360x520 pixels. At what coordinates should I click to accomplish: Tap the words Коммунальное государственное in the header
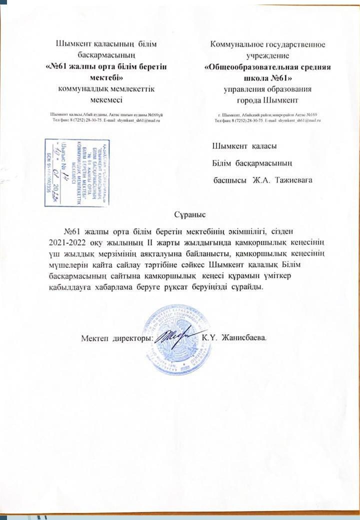click(267, 44)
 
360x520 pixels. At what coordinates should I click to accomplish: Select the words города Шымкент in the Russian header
click(267, 99)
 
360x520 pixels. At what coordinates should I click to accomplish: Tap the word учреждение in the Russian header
click(267, 55)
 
